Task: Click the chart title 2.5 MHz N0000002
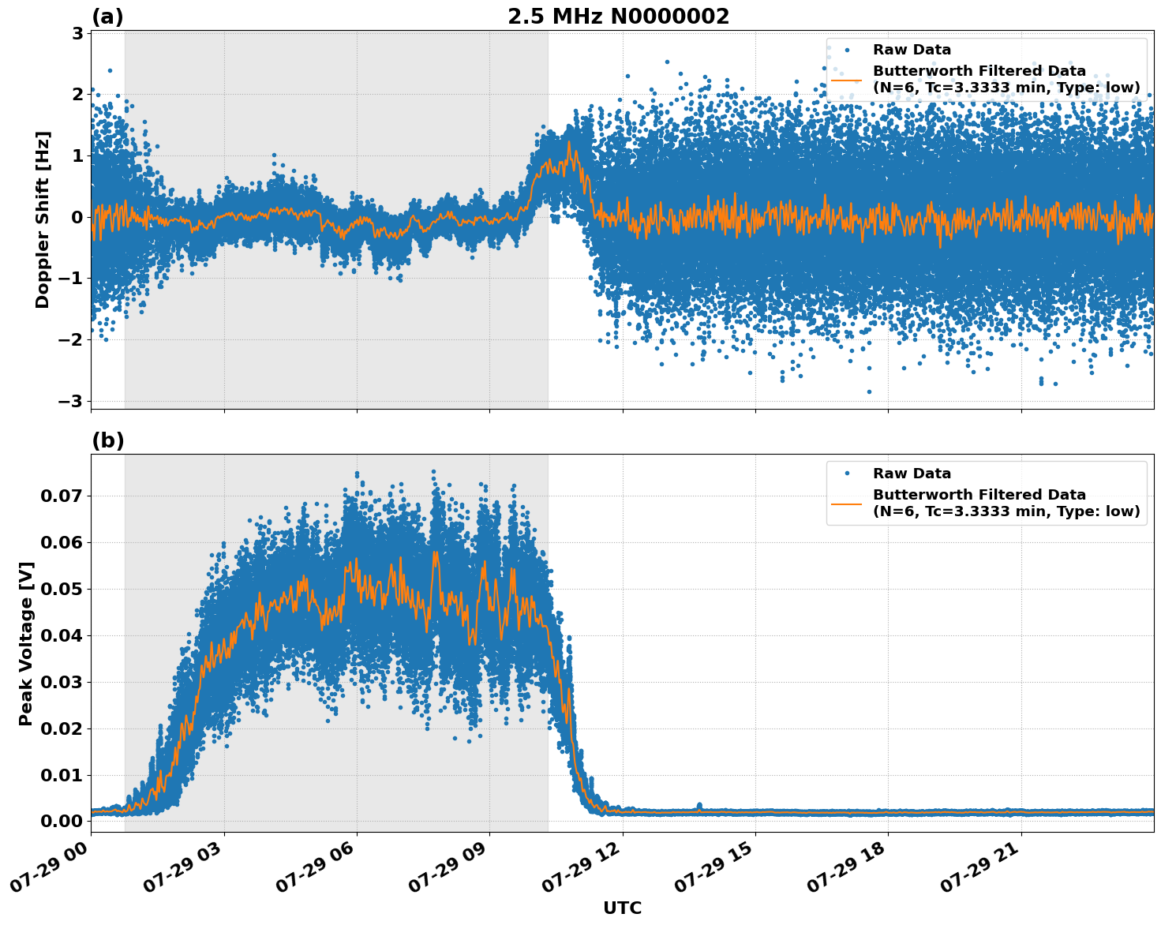(618, 17)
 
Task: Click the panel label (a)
(107, 17)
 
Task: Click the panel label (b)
(107, 440)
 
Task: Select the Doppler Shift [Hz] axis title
(43, 219)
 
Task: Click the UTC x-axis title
(622, 908)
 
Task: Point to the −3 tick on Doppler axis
(71, 401)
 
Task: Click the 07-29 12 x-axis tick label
(581, 871)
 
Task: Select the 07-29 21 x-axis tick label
(979, 871)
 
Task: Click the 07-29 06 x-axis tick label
(316, 871)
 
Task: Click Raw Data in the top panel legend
(912, 50)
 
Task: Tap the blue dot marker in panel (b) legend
(847, 474)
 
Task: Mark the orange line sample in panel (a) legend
(847, 79)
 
